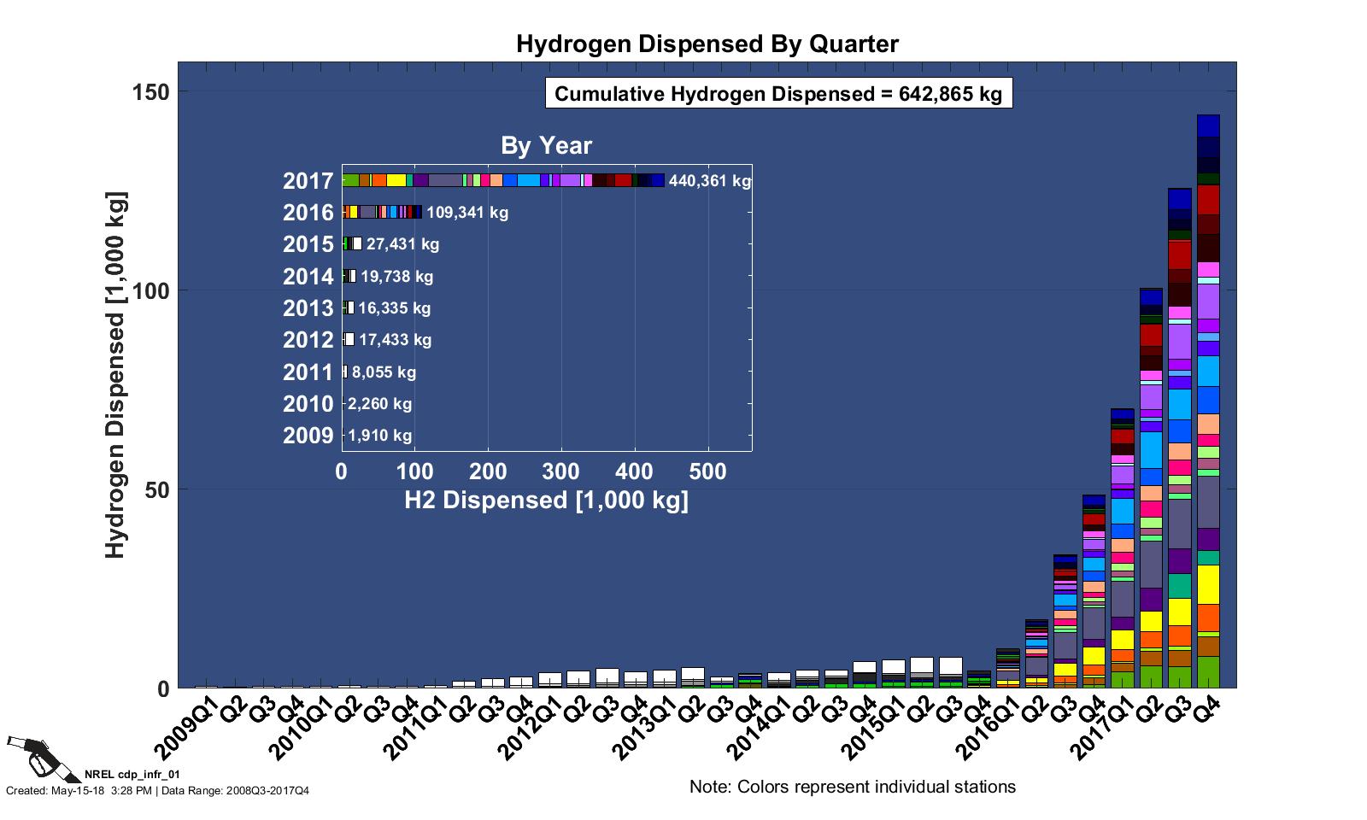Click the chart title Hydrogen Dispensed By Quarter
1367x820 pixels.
click(707, 44)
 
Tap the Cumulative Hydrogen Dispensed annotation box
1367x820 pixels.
click(778, 93)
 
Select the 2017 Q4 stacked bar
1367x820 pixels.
click(1208, 401)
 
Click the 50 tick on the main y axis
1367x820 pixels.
click(160, 489)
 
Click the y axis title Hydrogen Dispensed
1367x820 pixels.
click(115, 376)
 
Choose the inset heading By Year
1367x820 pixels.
click(546, 146)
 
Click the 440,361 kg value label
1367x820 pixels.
click(710, 181)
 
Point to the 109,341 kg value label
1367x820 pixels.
click(466, 213)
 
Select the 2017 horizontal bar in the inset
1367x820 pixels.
click(502, 180)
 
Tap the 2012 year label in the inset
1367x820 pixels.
click(308, 340)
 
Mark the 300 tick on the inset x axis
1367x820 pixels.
click(560, 471)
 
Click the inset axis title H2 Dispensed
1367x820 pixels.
click(546, 501)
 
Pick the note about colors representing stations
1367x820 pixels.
click(852, 787)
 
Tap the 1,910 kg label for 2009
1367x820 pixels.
click(379, 436)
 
